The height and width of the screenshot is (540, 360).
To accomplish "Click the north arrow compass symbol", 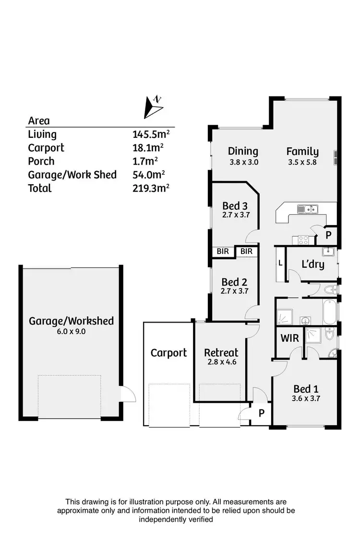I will (x=153, y=107).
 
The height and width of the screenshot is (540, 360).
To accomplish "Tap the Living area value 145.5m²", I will (x=151, y=134).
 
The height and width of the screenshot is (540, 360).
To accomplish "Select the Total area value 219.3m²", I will (x=151, y=188).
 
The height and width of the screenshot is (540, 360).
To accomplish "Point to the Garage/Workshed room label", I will (x=71, y=321).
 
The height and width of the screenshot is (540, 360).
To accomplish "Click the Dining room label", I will (x=243, y=151).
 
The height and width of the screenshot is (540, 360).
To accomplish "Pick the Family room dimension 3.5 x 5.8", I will (x=303, y=162).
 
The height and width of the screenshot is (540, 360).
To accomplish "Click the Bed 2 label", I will (x=235, y=282).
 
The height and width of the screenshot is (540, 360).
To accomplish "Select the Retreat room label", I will (x=221, y=353).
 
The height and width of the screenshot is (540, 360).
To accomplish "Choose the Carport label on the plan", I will (x=168, y=353).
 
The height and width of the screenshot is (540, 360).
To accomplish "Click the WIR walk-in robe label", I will (x=289, y=338).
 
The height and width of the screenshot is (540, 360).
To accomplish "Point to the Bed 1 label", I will (x=306, y=389).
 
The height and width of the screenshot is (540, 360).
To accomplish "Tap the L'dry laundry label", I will (x=312, y=264).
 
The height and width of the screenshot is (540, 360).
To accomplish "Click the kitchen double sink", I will (x=307, y=209).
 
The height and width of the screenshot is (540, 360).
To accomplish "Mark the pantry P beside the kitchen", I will (x=328, y=235).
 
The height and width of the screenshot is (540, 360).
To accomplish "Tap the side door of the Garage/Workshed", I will (x=128, y=395).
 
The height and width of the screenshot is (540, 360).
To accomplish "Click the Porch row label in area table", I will (x=41, y=161).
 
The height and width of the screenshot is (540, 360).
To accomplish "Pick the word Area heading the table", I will (x=39, y=121).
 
